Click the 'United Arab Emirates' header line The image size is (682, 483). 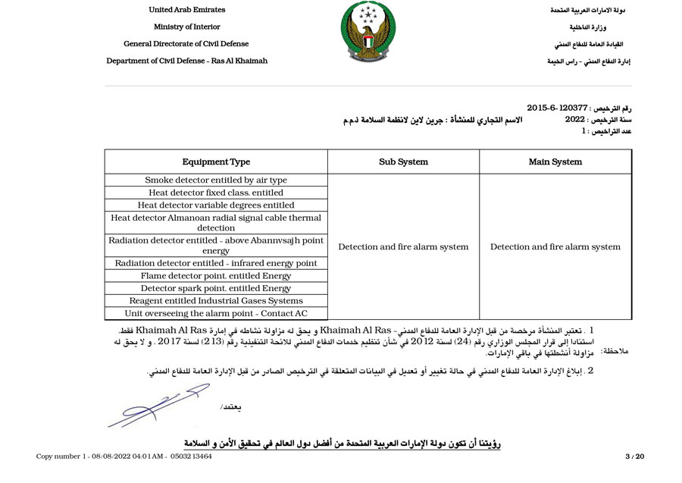point(186,10)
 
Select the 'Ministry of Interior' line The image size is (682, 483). point(186,27)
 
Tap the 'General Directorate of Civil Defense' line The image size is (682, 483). point(186,44)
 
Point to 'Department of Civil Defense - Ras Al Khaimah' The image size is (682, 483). point(186,61)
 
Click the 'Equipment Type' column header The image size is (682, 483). point(216,162)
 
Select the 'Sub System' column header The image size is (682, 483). point(403,162)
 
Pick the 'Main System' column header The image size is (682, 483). point(555,162)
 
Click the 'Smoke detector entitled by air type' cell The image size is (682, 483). point(216,180)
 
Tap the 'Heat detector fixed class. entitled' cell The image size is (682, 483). point(216,193)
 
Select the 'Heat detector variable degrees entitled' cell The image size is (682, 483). point(216,205)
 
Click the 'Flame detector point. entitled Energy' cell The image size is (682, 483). point(216,276)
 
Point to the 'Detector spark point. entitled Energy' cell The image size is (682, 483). point(216,288)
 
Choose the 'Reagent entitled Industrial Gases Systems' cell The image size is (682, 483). point(216,301)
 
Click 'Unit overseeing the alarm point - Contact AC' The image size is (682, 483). point(216,313)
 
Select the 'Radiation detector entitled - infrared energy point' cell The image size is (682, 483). point(216,263)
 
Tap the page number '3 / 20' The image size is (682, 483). point(634,456)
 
